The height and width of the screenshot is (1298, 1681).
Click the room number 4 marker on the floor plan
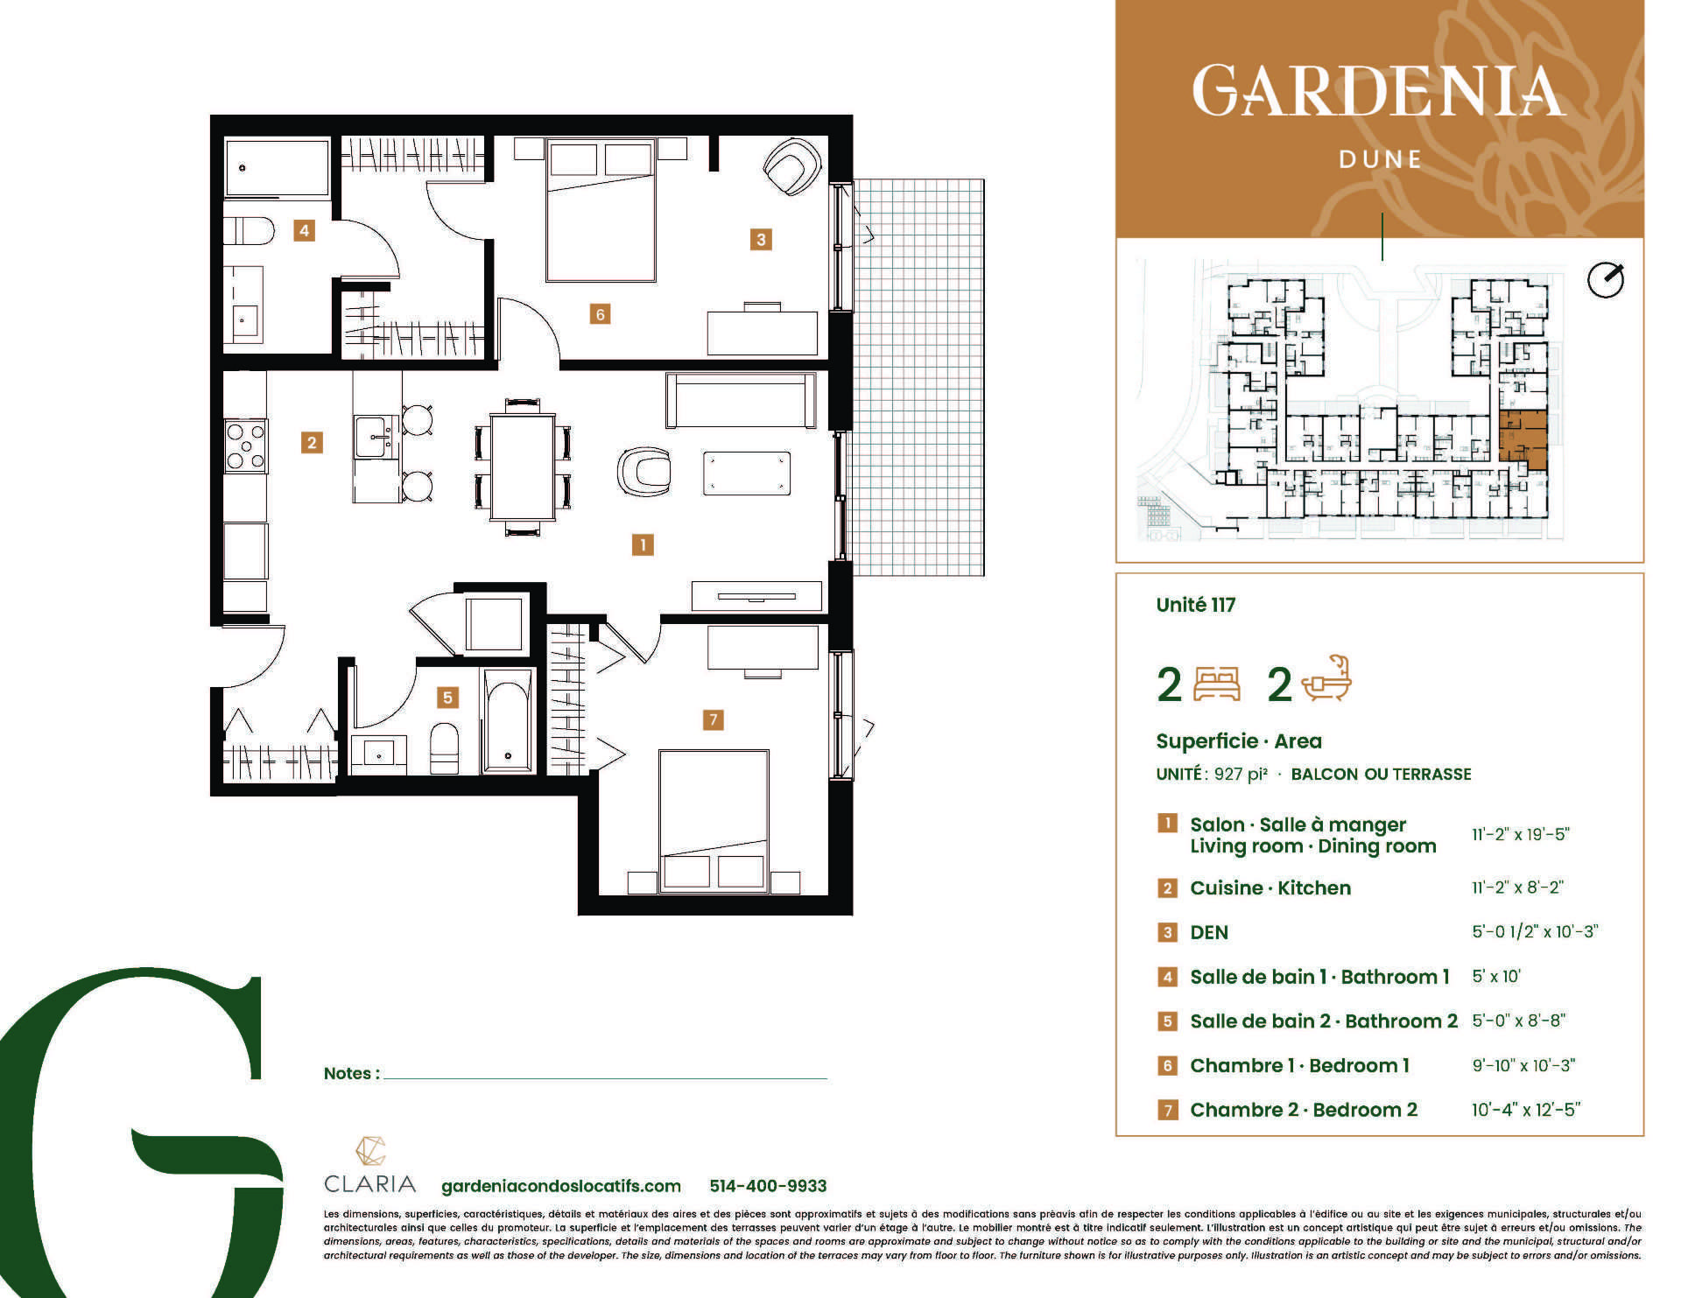[304, 231]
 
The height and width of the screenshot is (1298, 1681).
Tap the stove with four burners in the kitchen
[246, 446]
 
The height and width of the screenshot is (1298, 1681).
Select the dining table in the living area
[523, 467]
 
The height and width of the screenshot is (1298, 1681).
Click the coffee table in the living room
[747, 474]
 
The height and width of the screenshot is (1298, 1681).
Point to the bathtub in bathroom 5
[508, 721]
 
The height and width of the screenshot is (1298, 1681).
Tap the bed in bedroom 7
[714, 821]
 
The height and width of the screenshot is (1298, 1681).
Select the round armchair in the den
[793, 166]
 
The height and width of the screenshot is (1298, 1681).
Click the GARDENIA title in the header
[1378, 90]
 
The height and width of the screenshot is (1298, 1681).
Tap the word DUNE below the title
[1380, 159]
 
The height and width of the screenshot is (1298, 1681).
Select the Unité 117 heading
[1195, 605]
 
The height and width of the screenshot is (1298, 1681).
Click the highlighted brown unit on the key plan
[1523, 436]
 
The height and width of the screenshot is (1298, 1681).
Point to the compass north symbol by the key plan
[1606, 280]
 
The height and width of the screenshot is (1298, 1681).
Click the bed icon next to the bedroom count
[1217, 684]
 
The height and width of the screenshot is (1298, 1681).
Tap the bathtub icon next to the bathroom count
[1327, 679]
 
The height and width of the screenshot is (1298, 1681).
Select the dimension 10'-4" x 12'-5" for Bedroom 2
[1526, 1110]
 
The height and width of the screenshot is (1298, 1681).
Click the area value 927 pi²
[1241, 775]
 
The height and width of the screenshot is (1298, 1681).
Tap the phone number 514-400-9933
[768, 1186]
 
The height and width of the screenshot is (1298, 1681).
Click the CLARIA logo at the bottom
[369, 1166]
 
